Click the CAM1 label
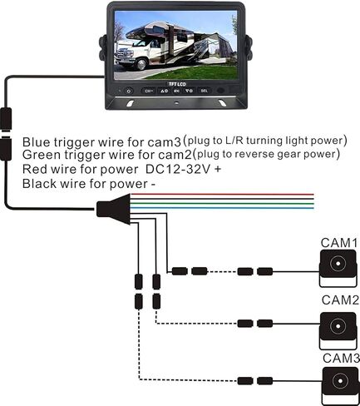[x=339, y=242]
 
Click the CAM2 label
[x=339, y=300]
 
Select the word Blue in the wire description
[x=37, y=141]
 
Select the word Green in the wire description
[x=41, y=154]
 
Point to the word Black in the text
[x=39, y=183]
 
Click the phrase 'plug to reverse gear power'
[x=268, y=154]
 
